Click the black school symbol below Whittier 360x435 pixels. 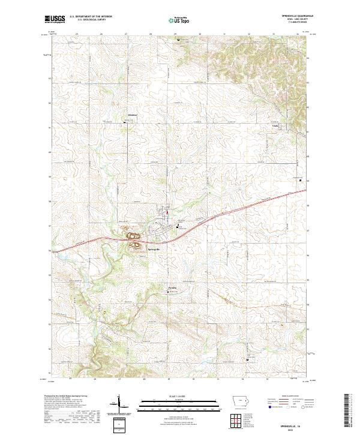pos(125,124)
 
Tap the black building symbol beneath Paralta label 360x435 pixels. pos(168,292)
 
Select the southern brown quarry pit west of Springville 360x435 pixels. pos(135,244)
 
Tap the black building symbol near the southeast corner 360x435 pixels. pos(249,359)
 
